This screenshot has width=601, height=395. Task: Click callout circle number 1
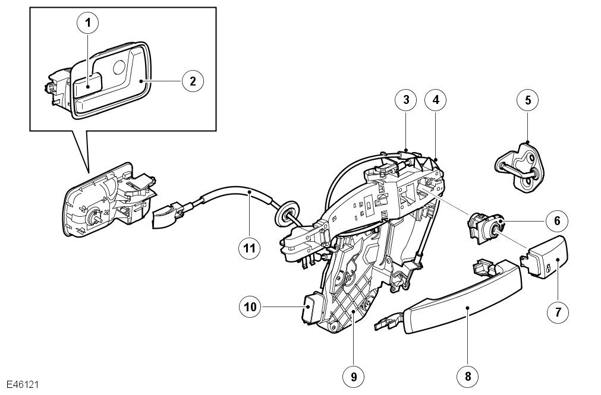88,23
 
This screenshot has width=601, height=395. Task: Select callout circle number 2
193,81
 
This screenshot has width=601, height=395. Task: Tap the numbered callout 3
406,100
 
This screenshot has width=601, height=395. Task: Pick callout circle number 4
436,100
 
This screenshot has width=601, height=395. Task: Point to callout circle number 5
528,100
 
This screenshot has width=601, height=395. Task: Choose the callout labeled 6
557,221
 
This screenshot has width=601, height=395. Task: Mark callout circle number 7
558,312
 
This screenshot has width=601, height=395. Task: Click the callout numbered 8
468,376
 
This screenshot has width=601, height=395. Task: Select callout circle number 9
353,377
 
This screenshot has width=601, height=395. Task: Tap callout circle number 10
250,307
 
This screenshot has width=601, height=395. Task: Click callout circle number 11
250,248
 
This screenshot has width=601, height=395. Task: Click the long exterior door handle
448,296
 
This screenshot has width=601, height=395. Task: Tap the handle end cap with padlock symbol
543,256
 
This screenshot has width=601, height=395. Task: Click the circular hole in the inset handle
120,67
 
